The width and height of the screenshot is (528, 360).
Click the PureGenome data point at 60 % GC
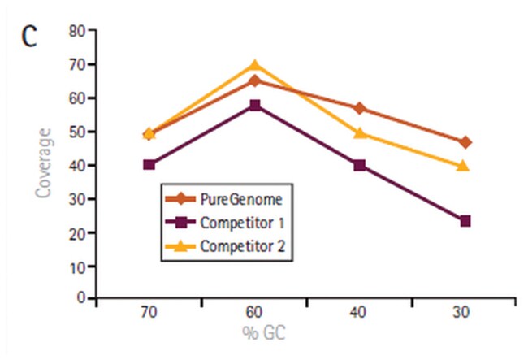[x=255, y=80]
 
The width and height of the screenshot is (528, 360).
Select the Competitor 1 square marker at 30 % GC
[x=465, y=221]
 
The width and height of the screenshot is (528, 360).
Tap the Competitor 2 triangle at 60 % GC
[x=255, y=65]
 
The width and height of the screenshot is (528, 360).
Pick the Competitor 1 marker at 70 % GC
[x=149, y=165]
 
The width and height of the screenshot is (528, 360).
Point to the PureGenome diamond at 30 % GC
[x=465, y=142]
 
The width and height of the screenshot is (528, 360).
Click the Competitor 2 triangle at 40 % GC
[x=360, y=133]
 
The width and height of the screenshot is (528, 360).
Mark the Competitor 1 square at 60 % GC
[x=255, y=105]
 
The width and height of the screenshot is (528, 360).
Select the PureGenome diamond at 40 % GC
[x=360, y=108]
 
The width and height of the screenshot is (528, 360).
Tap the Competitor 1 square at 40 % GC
[x=360, y=165]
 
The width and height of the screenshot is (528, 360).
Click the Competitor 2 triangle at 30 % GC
[x=465, y=166]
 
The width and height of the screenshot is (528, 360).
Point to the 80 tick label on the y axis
[x=77, y=31]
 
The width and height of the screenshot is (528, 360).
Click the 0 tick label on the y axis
[x=81, y=299]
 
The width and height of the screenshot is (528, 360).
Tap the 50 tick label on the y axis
[x=77, y=132]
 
